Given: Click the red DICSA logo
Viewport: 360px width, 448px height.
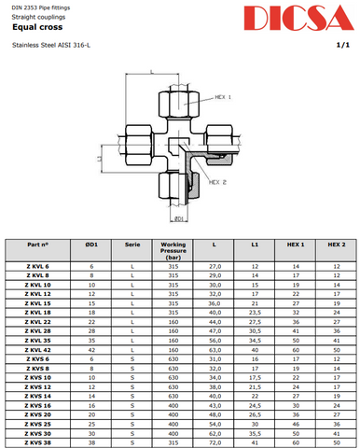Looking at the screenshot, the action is click(298, 18).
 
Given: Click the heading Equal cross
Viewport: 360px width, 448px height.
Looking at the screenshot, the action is click(37, 27).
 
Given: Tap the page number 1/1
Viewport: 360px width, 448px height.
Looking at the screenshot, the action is click(343, 45).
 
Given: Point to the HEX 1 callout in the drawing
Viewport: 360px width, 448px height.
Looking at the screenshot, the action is click(223, 97).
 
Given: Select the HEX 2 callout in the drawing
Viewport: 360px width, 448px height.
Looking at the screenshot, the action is click(217, 182).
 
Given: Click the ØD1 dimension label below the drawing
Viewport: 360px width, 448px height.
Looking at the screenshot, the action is click(179, 218).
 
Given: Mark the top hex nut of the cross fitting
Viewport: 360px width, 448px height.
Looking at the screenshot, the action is click(179, 105).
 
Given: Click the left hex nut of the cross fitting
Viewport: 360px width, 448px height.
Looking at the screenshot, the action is click(139, 145).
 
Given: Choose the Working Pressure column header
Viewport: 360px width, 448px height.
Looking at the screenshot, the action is click(173, 251).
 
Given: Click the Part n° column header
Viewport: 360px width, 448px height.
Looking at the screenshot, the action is click(38, 245).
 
